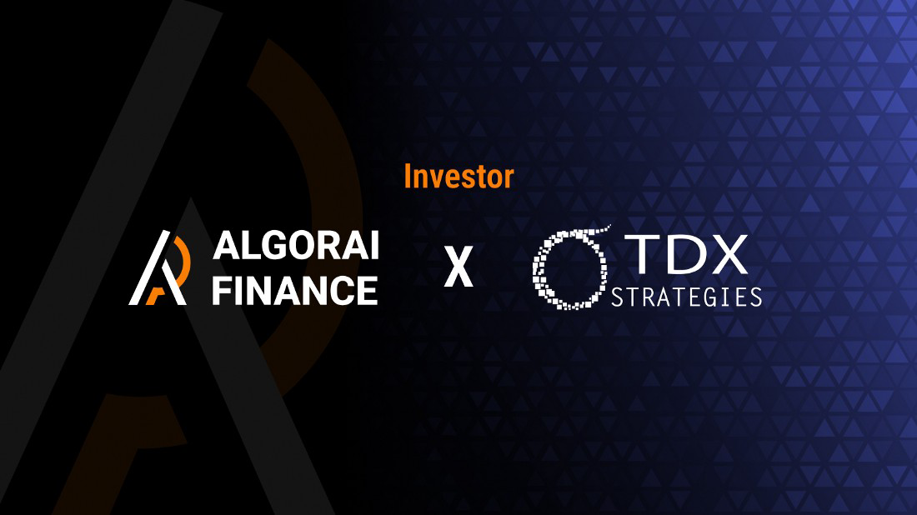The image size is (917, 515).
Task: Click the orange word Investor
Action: tap(458, 176)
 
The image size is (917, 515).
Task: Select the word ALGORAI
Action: tap(295, 247)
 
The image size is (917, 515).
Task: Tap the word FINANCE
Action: tap(295, 290)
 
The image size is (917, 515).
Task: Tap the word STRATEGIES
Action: tap(686, 297)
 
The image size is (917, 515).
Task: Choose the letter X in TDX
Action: tap(729, 254)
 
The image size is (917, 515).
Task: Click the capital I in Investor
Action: tap(408, 176)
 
